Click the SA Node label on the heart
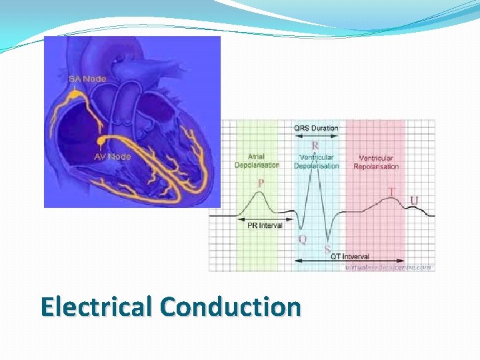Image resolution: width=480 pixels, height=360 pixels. [x=87, y=78]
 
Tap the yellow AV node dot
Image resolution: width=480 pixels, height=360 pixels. [x=101, y=141]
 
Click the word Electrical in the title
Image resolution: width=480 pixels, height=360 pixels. [x=97, y=307]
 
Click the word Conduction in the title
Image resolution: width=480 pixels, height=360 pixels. [x=231, y=307]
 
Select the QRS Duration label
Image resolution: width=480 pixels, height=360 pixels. [x=316, y=128]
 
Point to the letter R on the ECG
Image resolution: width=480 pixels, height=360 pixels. [x=315, y=144]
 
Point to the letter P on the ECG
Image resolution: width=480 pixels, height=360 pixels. [x=261, y=183]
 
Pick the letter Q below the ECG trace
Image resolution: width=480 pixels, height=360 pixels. [x=302, y=239]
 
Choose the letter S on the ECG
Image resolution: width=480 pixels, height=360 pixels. [x=327, y=249]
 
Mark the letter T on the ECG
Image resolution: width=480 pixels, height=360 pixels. [x=392, y=192]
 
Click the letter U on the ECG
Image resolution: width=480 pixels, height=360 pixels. [x=415, y=200]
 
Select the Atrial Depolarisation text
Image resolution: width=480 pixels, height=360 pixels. [x=257, y=161]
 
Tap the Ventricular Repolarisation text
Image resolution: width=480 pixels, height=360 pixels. [x=376, y=162]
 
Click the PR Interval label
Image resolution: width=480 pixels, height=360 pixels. [x=265, y=226]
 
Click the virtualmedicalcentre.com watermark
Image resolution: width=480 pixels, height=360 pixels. [x=389, y=267]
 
